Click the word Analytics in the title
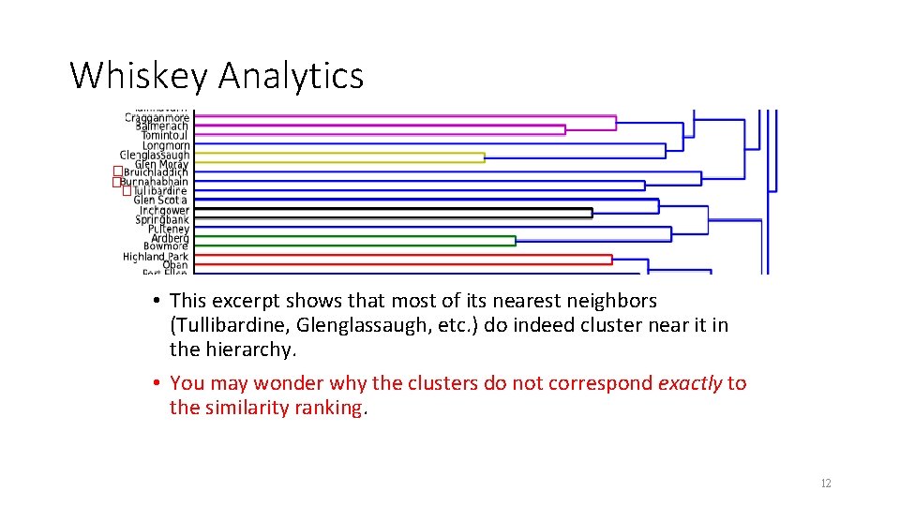coord(291,75)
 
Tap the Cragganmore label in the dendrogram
coord(157,118)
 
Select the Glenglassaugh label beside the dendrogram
coord(154,155)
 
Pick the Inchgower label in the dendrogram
coord(164,211)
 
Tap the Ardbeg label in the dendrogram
coord(170,238)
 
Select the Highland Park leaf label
coord(156,256)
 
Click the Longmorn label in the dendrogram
coord(166,145)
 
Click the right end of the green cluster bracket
coord(516,241)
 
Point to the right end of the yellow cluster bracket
coord(485,157)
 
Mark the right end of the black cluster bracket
coord(592,213)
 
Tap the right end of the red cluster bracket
coord(612,260)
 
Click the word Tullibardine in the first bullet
coord(218,325)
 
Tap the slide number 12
coord(825,484)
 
